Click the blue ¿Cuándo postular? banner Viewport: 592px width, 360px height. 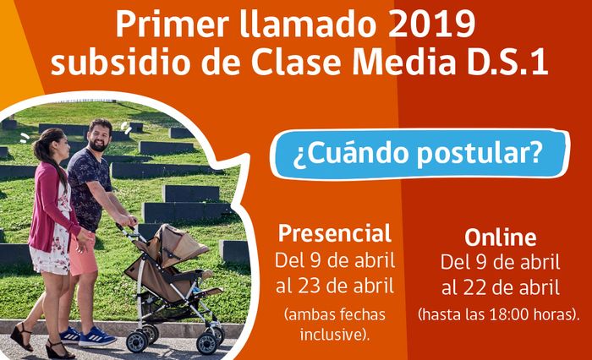(419, 154)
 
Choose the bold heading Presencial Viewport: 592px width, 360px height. (335, 233)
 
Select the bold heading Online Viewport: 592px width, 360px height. (501, 237)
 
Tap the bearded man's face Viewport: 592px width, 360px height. (99, 137)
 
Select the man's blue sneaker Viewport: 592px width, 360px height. (96, 337)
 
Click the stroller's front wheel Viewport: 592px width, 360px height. (137, 341)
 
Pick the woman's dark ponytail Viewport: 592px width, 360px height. (52, 159)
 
